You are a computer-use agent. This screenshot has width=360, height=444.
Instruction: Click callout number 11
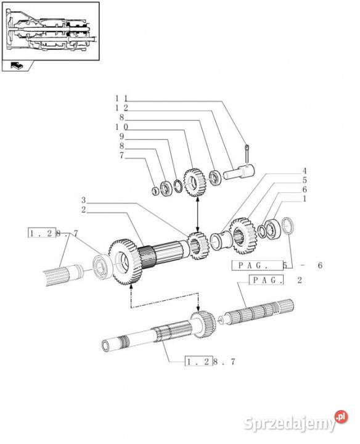click(x=121, y=99)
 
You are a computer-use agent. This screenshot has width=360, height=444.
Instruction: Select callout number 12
click(x=121, y=108)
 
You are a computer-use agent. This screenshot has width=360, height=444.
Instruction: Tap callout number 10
click(x=121, y=127)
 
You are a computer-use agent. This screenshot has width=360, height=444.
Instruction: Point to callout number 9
click(x=121, y=136)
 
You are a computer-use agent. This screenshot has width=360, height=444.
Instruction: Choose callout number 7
click(x=121, y=155)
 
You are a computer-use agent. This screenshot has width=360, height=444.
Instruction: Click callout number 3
click(x=83, y=200)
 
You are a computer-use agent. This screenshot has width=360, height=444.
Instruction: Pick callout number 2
click(x=83, y=210)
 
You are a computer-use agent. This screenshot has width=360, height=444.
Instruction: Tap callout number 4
click(x=305, y=171)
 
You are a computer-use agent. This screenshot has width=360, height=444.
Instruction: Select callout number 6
click(x=305, y=189)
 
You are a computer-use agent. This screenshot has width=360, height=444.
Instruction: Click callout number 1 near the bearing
click(x=305, y=199)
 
